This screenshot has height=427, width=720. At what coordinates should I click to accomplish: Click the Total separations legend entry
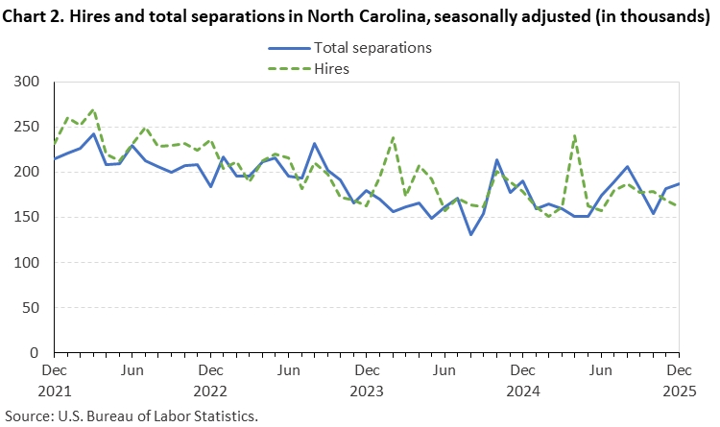point(372,47)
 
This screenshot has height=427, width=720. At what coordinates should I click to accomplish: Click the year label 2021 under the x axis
point(55,391)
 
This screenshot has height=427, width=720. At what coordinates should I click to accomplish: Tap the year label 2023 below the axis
point(366,391)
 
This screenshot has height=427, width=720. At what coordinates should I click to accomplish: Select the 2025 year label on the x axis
point(678,391)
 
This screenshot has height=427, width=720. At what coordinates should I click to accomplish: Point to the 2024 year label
point(522,391)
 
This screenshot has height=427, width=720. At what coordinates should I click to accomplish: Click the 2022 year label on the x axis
point(210,391)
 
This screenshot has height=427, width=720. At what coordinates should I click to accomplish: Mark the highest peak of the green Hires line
point(93,109)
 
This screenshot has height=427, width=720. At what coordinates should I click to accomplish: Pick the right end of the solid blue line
point(680,183)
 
